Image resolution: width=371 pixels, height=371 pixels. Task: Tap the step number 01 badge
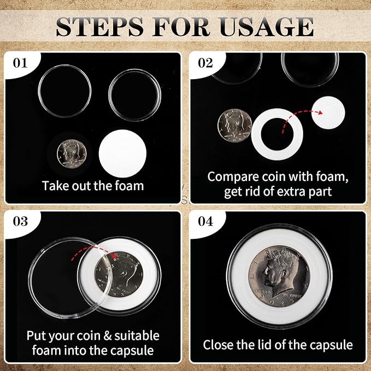point(20,62)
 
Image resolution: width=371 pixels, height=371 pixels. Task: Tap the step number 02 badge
point(205,62)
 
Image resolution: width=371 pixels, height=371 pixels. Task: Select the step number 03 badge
point(20,222)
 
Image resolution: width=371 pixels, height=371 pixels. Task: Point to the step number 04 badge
point(205,222)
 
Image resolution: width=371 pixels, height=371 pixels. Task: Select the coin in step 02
point(235,125)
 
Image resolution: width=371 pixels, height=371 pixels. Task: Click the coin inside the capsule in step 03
point(119,275)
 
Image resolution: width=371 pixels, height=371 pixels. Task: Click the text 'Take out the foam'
point(92,186)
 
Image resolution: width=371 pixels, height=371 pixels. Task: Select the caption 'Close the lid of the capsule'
point(278,345)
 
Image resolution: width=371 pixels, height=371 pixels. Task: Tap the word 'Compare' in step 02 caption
point(232,176)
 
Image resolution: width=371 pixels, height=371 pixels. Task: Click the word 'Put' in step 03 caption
point(37,335)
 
